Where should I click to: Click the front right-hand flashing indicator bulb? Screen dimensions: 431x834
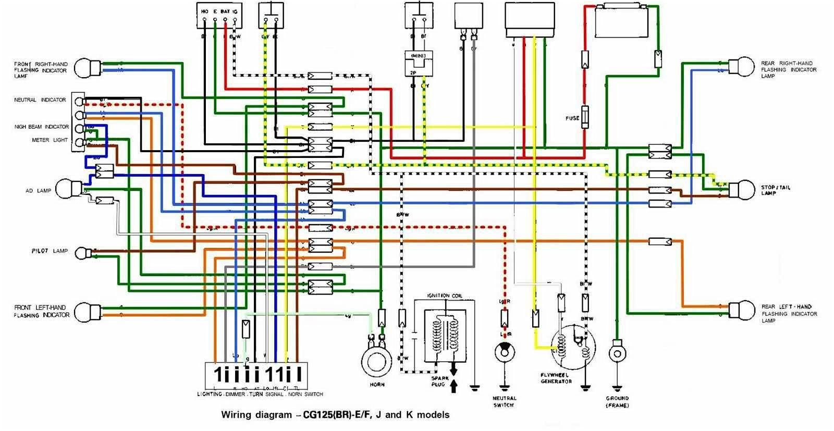click(86, 68)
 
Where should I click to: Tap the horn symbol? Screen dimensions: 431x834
click(377, 361)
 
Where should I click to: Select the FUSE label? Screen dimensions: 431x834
click(572, 118)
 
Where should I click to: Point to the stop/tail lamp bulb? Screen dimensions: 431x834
click(742, 190)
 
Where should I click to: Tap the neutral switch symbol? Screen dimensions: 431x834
click(504, 353)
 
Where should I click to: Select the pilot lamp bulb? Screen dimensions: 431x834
click(82, 253)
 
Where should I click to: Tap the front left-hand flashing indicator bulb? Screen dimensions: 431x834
click(86, 312)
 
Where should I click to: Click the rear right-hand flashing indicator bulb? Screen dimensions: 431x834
click(741, 68)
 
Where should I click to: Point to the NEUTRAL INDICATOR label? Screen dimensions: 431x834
click(40, 100)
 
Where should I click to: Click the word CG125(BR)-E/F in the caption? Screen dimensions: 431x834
click(337, 415)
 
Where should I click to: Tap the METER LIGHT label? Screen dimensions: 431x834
click(50, 140)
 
